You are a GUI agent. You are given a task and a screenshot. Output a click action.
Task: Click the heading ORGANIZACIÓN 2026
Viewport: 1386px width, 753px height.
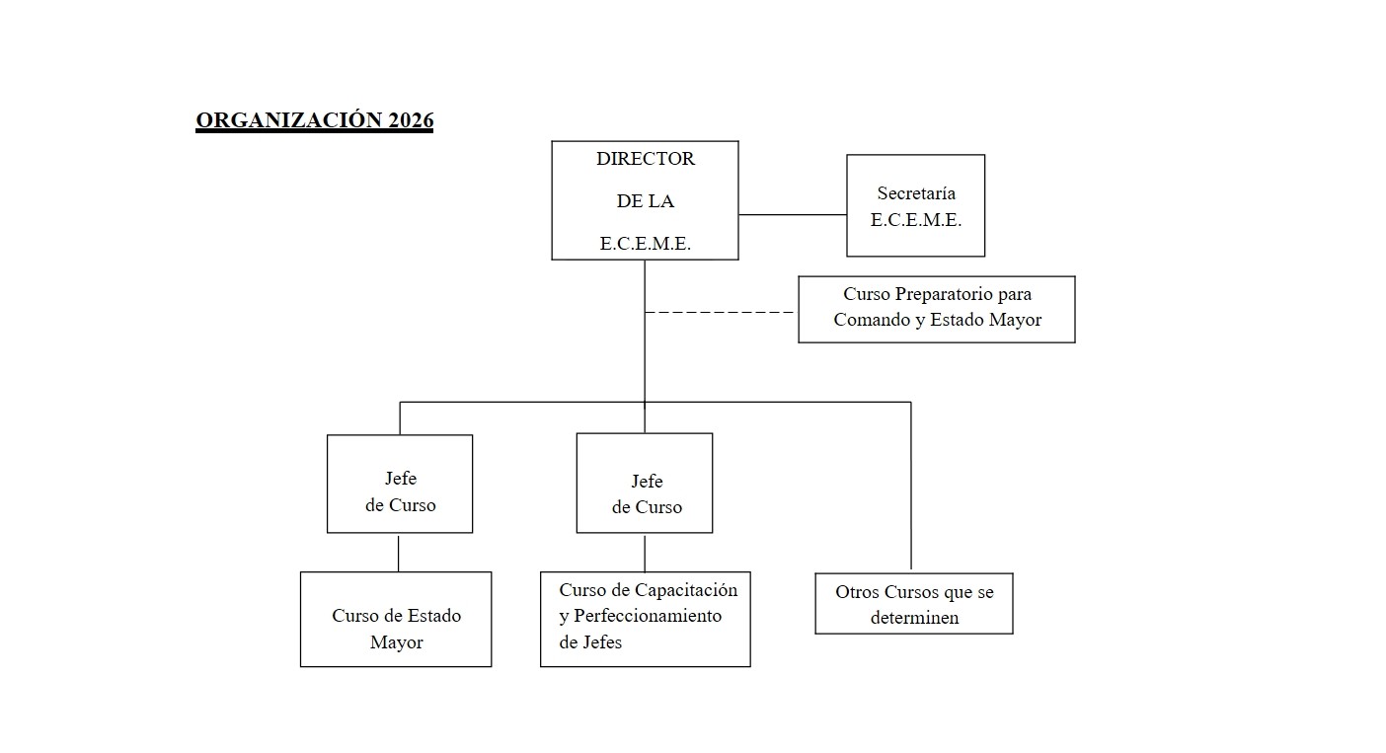314,120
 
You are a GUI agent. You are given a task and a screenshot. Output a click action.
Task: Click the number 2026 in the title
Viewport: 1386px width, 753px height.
410,120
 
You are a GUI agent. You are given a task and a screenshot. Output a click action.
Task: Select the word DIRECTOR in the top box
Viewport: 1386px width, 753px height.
645,159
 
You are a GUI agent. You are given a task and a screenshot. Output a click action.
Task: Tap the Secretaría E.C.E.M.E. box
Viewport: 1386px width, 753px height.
915,206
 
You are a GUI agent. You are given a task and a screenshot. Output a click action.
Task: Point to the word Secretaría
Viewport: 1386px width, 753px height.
915,193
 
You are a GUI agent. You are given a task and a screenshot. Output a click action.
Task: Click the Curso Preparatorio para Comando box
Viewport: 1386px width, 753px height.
936,309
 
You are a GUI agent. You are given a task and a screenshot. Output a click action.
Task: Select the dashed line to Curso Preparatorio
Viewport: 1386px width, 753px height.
720,312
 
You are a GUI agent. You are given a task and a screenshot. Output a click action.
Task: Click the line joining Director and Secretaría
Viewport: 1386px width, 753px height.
792,214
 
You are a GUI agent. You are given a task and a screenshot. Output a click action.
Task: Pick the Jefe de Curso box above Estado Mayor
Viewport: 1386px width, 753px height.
400,484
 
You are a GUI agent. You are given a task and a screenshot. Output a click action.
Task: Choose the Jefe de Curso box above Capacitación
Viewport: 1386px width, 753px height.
644,484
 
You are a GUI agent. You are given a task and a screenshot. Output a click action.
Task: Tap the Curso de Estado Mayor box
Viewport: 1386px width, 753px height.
396,620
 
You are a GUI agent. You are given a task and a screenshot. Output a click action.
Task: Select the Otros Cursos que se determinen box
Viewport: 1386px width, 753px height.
913,604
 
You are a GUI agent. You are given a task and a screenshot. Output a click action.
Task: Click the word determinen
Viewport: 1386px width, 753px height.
914,619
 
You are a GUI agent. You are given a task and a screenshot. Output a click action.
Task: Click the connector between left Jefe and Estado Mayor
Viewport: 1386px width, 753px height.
399,553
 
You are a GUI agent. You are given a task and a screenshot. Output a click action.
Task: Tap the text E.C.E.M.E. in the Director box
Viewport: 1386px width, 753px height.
645,244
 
